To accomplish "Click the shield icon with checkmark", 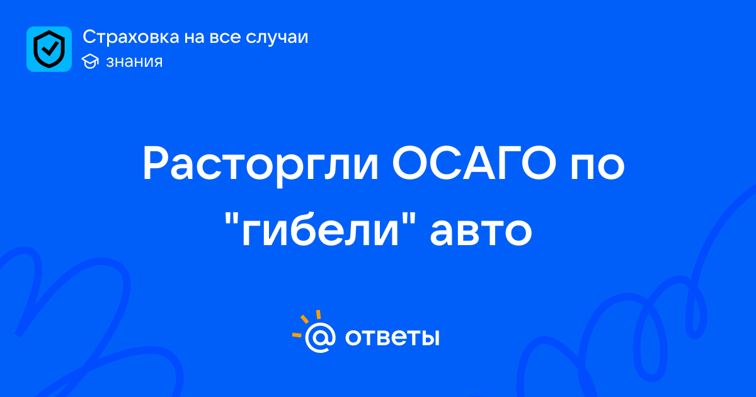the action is [x=49, y=49].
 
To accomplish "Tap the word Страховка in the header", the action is [x=131, y=37].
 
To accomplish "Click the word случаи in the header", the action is [x=277, y=37].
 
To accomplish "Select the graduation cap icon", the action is [x=90, y=61].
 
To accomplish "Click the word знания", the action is [x=134, y=62].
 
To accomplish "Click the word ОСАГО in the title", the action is [x=474, y=163].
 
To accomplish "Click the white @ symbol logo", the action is [x=320, y=337].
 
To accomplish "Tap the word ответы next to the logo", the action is [x=392, y=337].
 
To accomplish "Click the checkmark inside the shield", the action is [x=50, y=49].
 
